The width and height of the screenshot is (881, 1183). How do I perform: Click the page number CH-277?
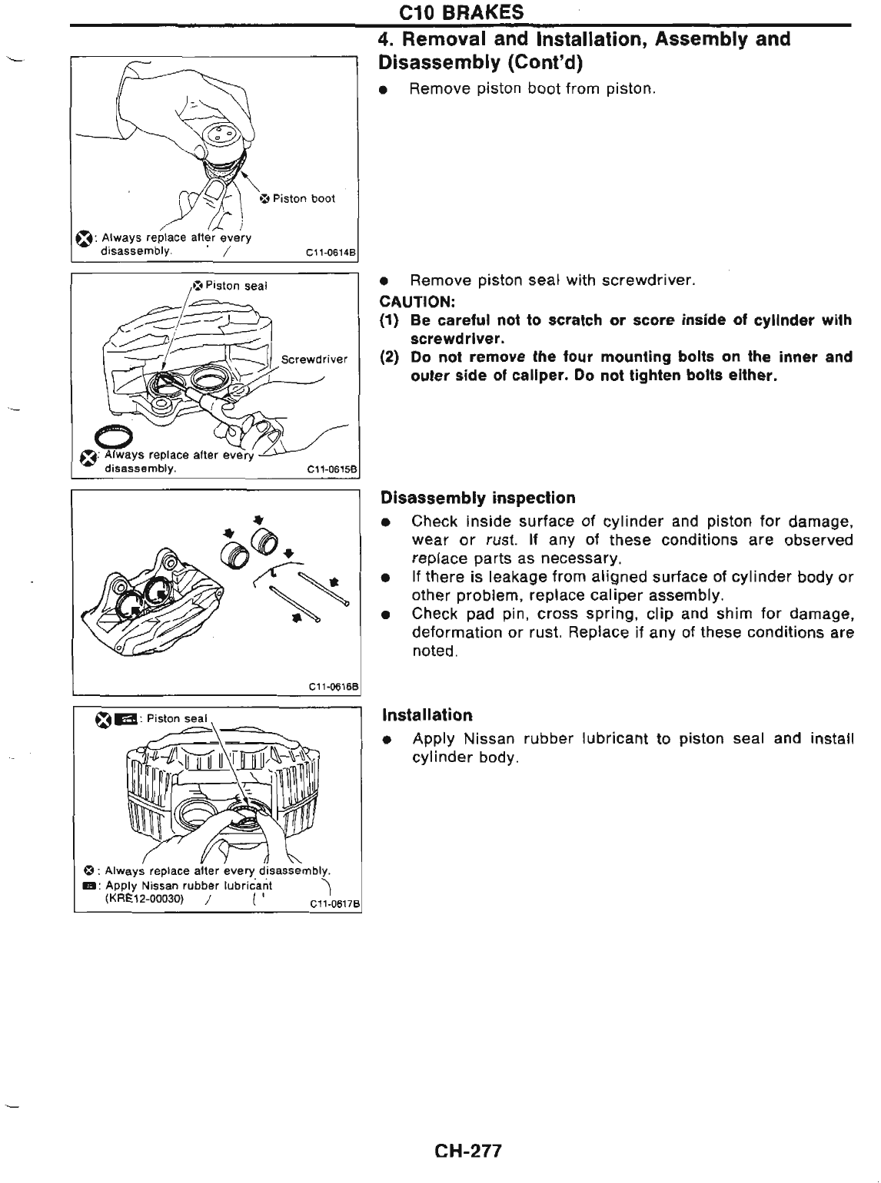(x=467, y=1151)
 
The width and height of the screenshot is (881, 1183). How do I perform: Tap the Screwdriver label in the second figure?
(x=314, y=359)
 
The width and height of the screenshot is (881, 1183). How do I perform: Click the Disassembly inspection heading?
(x=478, y=498)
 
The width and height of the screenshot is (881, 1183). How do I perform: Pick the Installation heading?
(x=427, y=715)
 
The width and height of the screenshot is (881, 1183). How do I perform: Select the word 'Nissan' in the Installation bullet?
(x=489, y=739)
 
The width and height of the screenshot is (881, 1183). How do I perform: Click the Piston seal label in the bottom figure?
(x=177, y=719)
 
